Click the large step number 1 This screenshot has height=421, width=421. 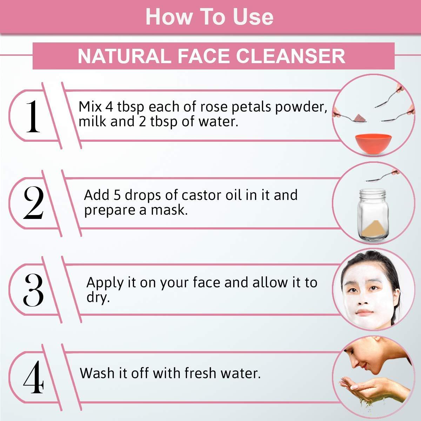pos(33,116)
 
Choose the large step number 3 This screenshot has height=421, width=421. pos(33,290)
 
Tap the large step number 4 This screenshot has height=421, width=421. pos(33,377)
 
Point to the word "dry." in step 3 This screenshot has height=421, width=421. pos(98,298)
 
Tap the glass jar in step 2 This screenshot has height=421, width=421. pos(373,215)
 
